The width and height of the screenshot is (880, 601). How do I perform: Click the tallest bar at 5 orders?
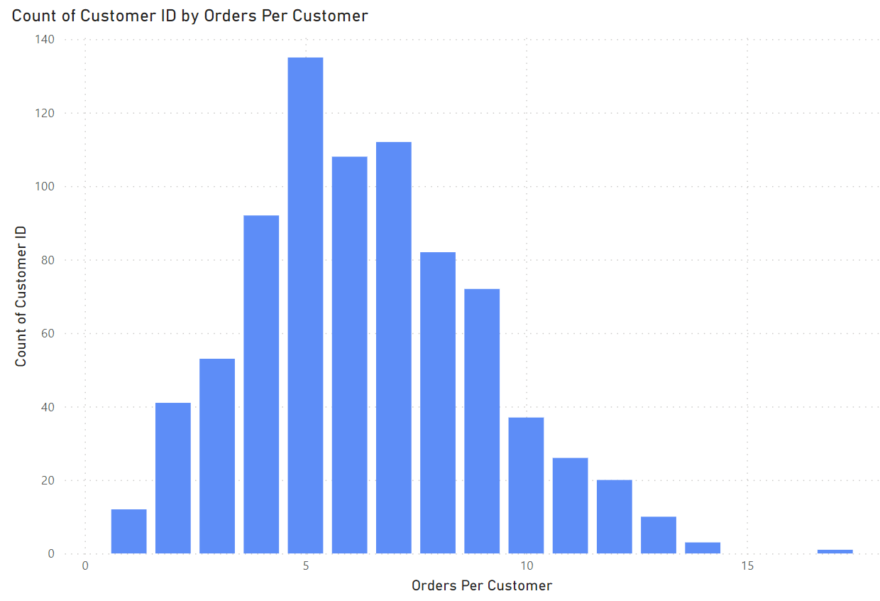tap(305, 305)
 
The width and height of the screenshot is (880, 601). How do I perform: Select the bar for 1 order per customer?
tap(129, 531)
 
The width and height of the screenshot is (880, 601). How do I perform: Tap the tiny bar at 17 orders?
tap(835, 551)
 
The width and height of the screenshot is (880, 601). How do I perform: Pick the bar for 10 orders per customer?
tap(526, 485)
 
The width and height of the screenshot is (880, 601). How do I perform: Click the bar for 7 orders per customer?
tap(394, 348)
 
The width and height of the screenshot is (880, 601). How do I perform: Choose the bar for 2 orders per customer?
tap(173, 478)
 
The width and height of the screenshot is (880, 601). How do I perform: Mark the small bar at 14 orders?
tap(703, 548)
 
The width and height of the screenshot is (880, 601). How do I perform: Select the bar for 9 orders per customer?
tap(482, 421)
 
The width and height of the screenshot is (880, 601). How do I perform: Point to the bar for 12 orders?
tap(614, 516)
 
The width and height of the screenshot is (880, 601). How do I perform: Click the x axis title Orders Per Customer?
tap(482, 586)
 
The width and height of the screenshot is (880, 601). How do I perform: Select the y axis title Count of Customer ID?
tap(21, 296)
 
